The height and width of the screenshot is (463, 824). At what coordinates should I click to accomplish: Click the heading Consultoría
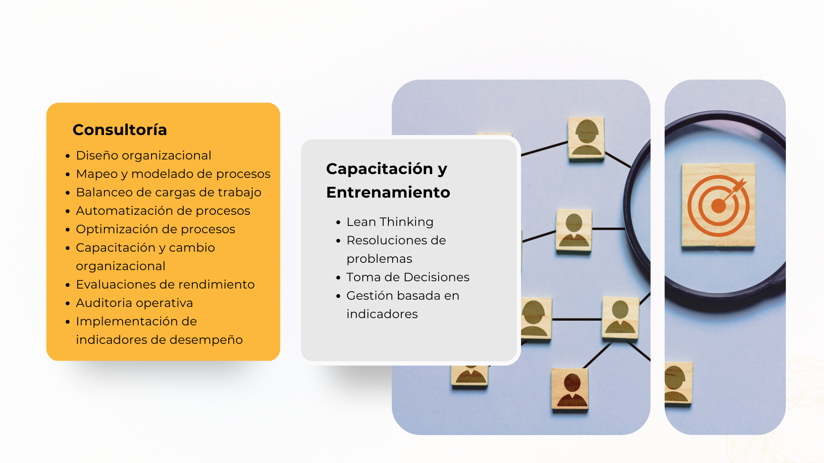click(x=120, y=130)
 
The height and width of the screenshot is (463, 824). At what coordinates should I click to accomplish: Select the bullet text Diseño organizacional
click(x=143, y=155)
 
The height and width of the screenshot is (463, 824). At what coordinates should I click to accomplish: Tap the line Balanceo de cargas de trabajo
click(x=169, y=192)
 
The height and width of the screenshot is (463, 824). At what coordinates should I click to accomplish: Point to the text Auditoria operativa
click(x=134, y=303)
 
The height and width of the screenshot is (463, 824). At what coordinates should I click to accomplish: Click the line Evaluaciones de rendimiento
click(x=165, y=285)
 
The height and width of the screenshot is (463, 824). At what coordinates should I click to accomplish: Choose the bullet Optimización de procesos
click(x=155, y=229)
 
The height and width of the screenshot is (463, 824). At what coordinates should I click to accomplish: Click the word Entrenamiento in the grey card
click(x=388, y=192)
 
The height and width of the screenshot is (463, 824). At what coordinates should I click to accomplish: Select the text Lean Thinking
click(x=390, y=222)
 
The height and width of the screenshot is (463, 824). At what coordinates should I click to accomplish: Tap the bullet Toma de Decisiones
click(x=408, y=277)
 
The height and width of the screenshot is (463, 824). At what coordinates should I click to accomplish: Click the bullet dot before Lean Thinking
click(x=338, y=222)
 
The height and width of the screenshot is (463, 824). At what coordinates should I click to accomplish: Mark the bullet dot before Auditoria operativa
click(x=67, y=304)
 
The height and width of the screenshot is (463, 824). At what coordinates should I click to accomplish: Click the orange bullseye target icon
click(x=718, y=206)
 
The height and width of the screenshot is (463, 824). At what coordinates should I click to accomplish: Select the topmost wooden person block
click(x=586, y=138)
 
